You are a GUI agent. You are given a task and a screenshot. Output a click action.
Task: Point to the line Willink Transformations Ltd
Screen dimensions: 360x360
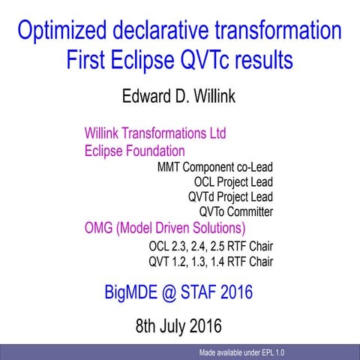coord(155,134)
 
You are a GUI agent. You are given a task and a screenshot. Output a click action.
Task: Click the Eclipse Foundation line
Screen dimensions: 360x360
coord(134,150)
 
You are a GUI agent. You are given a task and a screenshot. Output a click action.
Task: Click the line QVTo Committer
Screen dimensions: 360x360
coord(236,211)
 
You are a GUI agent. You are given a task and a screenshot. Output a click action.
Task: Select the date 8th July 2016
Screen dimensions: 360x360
coord(178,326)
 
